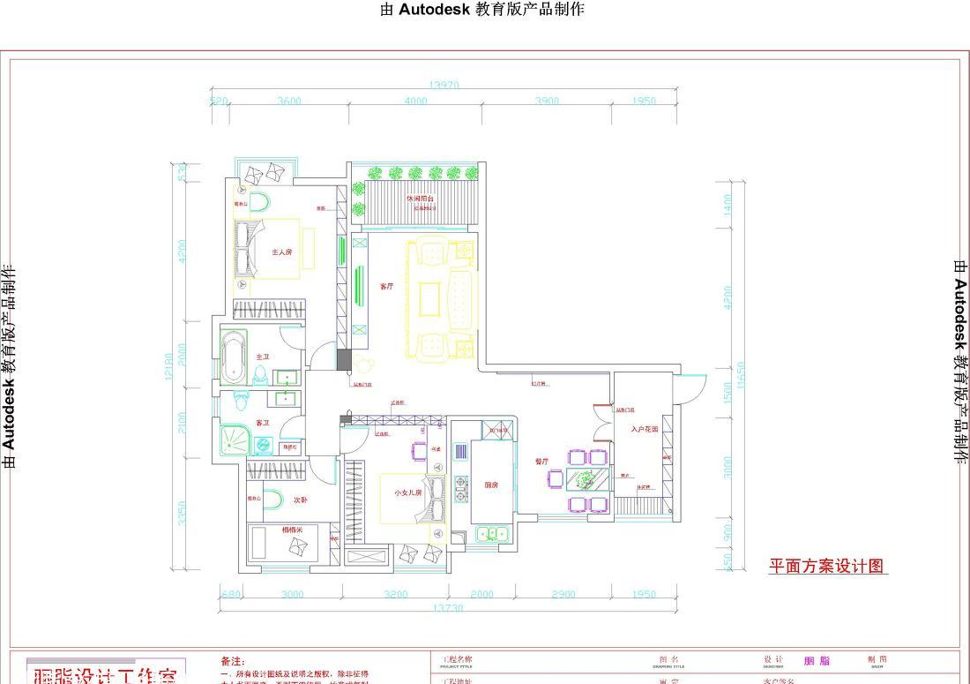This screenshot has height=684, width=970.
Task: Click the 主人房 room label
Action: [281, 252]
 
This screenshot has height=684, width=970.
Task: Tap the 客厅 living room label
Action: [386, 286]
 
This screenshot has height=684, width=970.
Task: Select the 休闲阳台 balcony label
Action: [420, 199]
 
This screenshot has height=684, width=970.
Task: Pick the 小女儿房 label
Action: [408, 493]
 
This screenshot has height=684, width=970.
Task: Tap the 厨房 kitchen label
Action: [491, 485]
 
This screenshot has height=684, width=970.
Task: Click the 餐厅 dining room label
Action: [542, 461]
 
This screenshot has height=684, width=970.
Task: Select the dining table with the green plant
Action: [586, 480]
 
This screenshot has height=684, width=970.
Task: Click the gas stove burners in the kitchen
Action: [460, 488]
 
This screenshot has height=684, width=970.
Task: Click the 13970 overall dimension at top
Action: [444, 86]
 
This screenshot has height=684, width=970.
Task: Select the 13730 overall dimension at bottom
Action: [448, 608]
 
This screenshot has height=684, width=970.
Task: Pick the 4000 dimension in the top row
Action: [415, 101]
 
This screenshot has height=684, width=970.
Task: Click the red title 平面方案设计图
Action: [826, 567]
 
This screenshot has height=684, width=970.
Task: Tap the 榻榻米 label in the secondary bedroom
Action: [293, 530]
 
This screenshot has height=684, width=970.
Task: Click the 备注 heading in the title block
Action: [231, 661]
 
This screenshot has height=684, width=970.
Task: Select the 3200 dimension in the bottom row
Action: [396, 594]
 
